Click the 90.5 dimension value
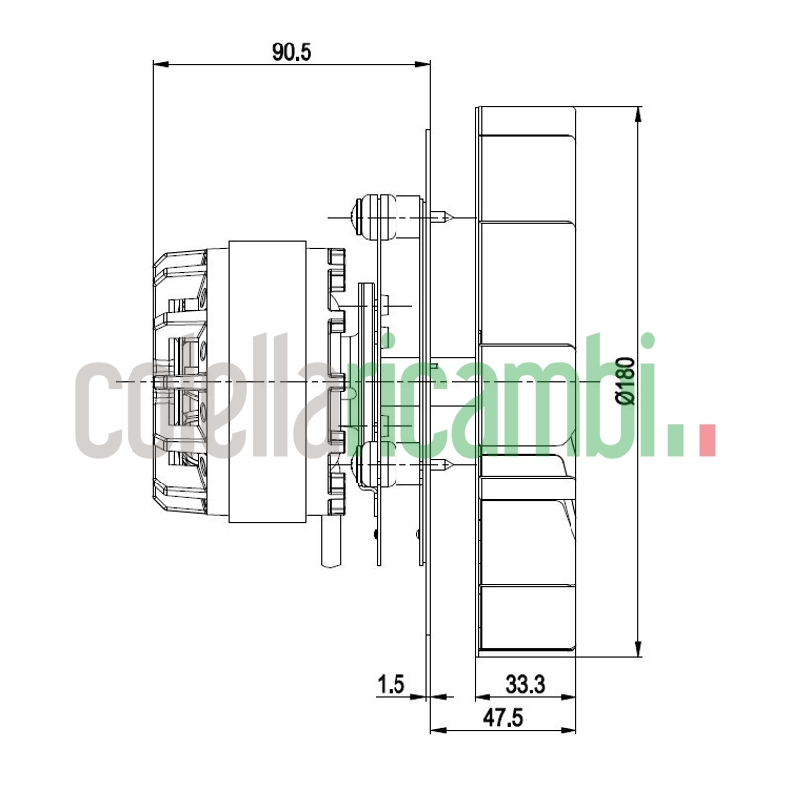click(292, 52)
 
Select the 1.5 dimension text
click(392, 683)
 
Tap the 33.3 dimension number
click(525, 683)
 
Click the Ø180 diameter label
click(624, 381)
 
